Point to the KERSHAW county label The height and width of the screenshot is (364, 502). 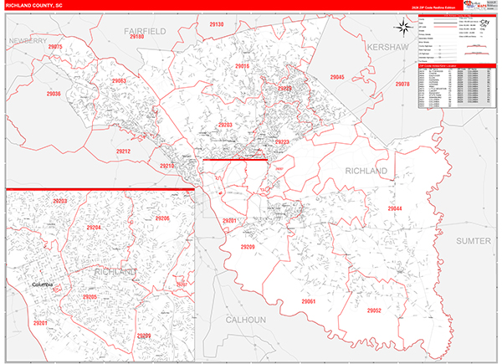click(390, 47)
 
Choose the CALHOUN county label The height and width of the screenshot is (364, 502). click(245, 320)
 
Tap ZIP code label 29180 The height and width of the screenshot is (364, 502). click(138, 38)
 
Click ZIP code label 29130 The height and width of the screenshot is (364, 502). click(216, 25)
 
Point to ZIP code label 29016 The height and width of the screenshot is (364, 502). click(243, 65)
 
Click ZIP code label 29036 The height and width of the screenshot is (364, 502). click(54, 94)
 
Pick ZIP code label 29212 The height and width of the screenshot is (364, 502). click(123, 151)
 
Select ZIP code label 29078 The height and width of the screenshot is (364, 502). click(402, 85)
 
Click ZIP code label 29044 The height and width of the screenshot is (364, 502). click(395, 208)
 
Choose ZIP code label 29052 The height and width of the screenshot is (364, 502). click(374, 310)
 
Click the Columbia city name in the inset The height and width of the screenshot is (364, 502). click(42, 285)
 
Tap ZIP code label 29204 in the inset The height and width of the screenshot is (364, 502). click(93, 228)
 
